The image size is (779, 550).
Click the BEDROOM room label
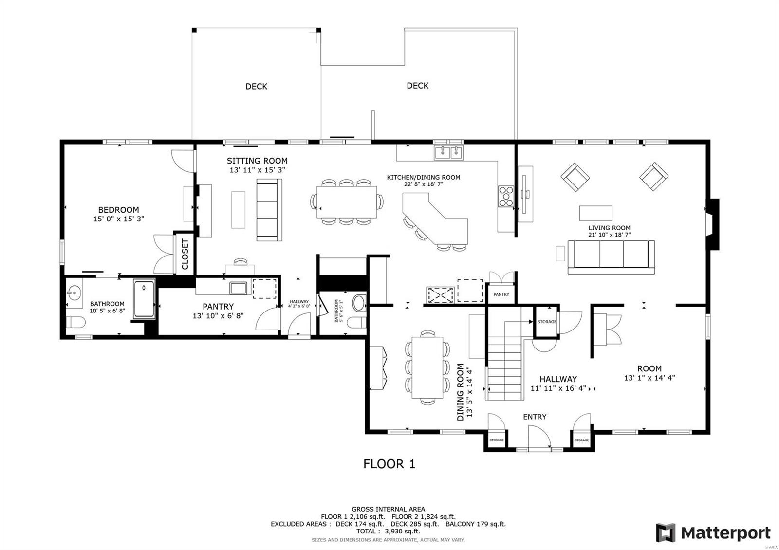point(118,210)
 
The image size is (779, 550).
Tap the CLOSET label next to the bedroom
point(185,254)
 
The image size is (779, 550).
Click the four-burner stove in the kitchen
point(505,197)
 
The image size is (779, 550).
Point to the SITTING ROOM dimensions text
point(257,170)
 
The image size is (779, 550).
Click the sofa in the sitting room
point(269,210)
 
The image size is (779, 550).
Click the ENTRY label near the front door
point(535,417)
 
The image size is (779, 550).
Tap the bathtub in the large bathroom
point(144,299)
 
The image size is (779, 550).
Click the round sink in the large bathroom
point(74,293)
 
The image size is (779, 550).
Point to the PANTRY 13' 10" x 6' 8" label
point(218,311)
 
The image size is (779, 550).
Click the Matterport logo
point(714,533)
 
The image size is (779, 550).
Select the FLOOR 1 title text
point(389,464)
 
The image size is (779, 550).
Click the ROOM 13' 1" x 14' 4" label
point(649,373)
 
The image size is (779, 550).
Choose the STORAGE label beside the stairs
point(547,321)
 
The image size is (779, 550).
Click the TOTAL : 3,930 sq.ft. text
point(389,532)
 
